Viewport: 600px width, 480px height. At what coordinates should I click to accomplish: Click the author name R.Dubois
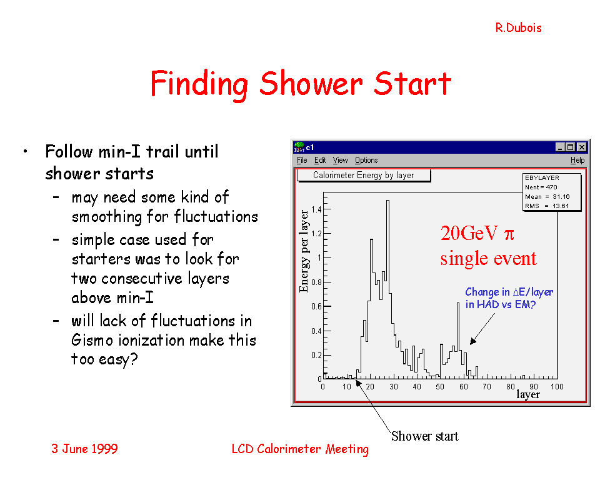[518, 28]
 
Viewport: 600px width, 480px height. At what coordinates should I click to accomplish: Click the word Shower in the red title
[311, 84]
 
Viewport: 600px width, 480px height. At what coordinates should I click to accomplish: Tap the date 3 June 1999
[84, 449]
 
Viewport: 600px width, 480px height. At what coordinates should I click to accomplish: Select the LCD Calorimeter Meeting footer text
[300, 449]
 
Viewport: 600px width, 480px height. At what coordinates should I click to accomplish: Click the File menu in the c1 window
[302, 161]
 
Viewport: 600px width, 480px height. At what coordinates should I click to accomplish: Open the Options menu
[366, 161]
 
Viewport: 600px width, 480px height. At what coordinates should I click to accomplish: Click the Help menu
[577, 161]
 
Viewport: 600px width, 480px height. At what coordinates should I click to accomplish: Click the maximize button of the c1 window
[570, 147]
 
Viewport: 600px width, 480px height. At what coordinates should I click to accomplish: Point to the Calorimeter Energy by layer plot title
[364, 175]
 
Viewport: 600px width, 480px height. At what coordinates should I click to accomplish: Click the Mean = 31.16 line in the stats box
[547, 197]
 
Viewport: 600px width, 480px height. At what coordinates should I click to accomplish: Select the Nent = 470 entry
[541, 187]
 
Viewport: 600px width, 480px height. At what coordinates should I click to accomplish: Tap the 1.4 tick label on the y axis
[316, 209]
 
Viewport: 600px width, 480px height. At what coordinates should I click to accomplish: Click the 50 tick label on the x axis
[440, 387]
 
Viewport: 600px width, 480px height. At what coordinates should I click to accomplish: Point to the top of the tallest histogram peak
[387, 200]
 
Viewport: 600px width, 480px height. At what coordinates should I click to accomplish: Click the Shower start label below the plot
[425, 436]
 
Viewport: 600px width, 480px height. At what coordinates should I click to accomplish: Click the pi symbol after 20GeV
[509, 234]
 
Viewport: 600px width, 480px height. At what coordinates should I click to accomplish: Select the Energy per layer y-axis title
[304, 251]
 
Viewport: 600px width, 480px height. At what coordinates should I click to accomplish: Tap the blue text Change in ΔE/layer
[509, 292]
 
